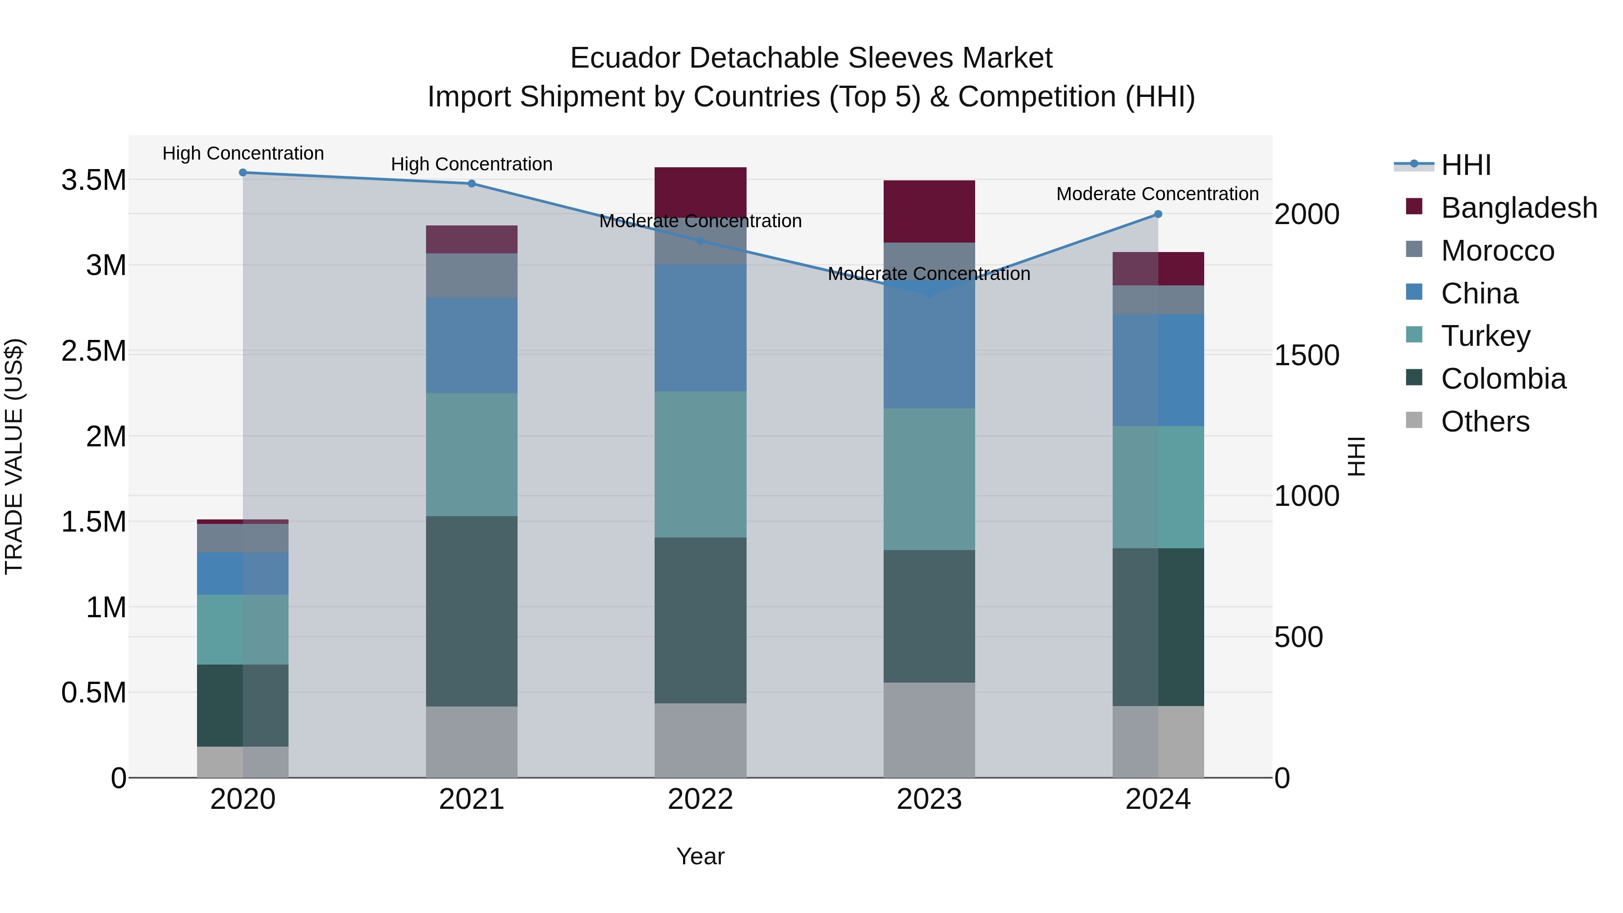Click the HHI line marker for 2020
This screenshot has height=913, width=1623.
pyautogui.click(x=243, y=173)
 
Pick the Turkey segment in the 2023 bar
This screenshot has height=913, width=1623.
pyautogui.click(x=929, y=479)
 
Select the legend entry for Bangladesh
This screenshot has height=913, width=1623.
pyautogui.click(x=1518, y=208)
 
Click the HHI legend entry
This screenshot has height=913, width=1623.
pyautogui.click(x=1466, y=165)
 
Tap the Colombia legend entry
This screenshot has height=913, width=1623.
pyautogui.click(x=1503, y=379)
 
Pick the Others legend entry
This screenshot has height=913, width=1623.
pyautogui.click(x=1485, y=422)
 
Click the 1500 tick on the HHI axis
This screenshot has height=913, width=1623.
pyautogui.click(x=1306, y=355)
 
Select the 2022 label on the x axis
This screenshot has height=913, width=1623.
pyautogui.click(x=700, y=799)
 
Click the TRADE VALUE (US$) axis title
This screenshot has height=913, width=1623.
pyautogui.click(x=14, y=456)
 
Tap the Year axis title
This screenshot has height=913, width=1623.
pyautogui.click(x=700, y=856)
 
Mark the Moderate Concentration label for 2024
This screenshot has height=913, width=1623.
pyautogui.click(x=1157, y=194)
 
